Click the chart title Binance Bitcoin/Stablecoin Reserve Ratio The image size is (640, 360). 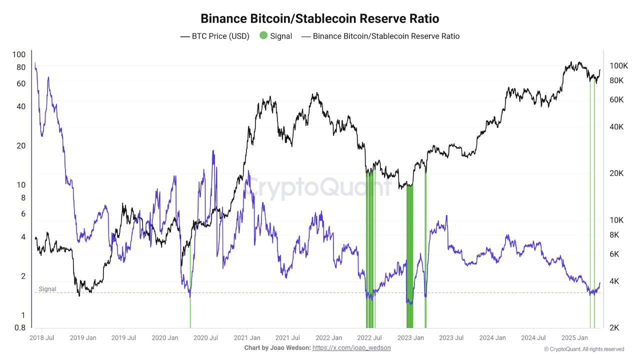click(x=319, y=19)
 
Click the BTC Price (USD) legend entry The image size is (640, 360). click(x=215, y=36)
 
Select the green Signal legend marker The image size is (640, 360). click(x=263, y=36)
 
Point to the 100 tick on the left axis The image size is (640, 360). click(x=19, y=54)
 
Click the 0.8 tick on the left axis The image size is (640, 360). click(x=19, y=328)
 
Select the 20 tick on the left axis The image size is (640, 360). click(x=20, y=146)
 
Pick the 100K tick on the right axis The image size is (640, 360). click(x=618, y=66)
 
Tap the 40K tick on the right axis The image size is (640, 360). click(x=616, y=127)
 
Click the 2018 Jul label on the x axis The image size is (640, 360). click(x=42, y=338)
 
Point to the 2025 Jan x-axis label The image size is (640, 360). click(x=574, y=338)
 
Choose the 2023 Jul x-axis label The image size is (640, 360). click(x=452, y=338)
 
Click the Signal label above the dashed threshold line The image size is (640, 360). click(x=47, y=289)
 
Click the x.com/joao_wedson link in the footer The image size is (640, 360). click(x=351, y=347)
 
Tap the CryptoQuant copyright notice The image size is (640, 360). click(x=583, y=349)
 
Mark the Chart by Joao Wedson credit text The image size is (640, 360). click(x=277, y=347)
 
